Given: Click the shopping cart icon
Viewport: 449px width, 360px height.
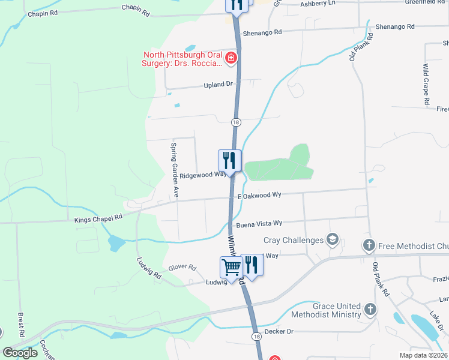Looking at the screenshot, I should pos(232,266).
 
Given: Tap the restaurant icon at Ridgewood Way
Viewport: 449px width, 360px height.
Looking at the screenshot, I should pos(229,161).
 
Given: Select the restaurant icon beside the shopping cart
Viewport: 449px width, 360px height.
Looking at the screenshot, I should pos(252,266).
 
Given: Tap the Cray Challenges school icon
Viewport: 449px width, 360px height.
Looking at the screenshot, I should pos(332,240).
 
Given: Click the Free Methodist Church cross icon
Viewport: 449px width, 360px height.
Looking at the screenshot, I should pos(369,245).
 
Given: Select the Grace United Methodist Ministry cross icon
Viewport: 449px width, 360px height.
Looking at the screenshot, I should pos(370,310).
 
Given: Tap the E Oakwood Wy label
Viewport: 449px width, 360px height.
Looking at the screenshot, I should pos(259,196).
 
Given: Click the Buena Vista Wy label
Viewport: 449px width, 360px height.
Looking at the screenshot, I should pos(259,224).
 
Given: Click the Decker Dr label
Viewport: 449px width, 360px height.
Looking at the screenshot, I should pos(277,331).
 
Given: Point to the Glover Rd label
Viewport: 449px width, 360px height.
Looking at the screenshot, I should pos(182,268).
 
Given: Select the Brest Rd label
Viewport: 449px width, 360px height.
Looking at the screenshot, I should pos(20,324).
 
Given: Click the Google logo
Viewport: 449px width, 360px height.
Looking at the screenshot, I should pos(20,353).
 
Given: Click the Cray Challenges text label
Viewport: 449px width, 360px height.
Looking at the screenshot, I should pos(294,241).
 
